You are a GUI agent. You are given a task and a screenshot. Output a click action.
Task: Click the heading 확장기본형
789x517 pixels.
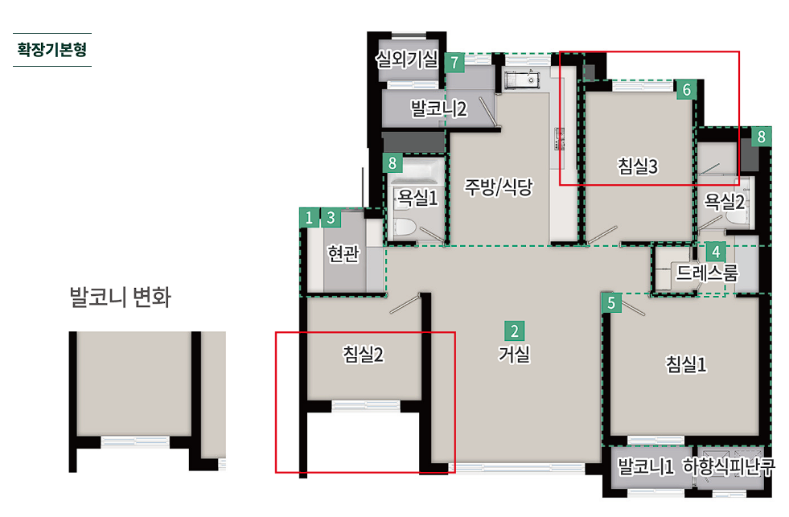pos(51,49)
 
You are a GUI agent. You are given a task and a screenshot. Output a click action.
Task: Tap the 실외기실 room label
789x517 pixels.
pos(407,59)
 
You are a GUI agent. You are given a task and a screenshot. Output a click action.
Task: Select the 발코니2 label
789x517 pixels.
pos(439,108)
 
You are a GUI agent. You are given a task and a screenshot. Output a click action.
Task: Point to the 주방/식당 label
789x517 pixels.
pos(498,187)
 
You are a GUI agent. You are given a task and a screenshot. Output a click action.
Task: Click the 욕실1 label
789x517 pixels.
pos(417,197)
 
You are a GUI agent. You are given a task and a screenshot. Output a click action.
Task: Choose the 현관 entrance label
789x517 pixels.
pos(343,253)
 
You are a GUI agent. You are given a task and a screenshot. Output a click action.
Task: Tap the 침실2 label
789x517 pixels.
pos(364,354)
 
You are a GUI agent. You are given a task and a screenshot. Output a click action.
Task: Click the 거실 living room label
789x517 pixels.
pos(514,354)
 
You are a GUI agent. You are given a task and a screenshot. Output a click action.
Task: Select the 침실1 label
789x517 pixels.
pos(686,363)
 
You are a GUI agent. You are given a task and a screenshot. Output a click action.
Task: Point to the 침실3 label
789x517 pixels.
pos(638,166)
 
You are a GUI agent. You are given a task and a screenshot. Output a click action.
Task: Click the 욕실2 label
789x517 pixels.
pos(724,202)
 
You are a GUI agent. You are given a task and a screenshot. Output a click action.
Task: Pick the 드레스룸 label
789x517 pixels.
pos(707,273)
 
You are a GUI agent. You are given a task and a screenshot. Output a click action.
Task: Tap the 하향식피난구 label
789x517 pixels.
pos(729,466)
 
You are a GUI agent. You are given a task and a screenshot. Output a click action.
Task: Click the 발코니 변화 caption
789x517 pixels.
pos(121,297)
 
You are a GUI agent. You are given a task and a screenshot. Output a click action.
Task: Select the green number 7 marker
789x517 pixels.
pos(454,63)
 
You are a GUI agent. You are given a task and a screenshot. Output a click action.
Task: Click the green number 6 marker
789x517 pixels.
pos(686,89)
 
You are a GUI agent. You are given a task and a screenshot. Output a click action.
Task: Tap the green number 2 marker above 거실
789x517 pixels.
pos(514,331)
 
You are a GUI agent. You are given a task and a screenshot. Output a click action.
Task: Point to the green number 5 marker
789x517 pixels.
pos(611,303)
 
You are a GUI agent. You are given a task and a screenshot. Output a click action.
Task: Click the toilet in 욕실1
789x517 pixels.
pos(404,228)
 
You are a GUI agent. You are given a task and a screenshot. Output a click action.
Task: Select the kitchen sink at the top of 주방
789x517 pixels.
pos(522,80)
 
